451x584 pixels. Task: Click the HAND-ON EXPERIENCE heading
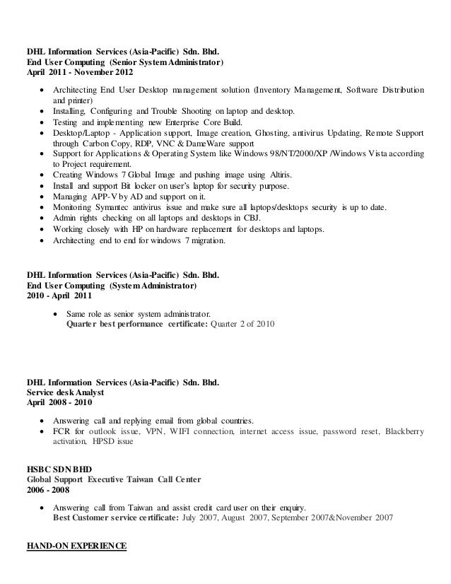tap(76, 547)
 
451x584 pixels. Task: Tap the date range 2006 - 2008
tap(48, 490)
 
